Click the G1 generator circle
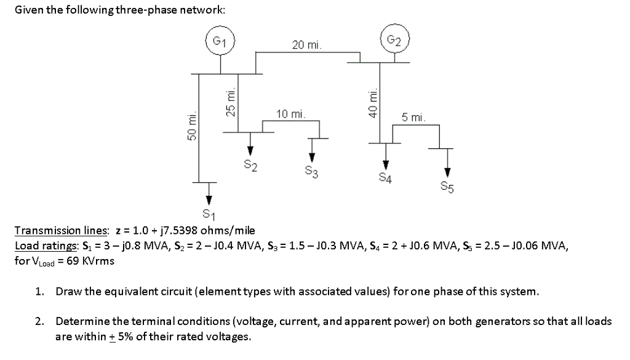pos(219,41)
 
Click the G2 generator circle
pos(395,40)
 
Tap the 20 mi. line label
pos(306,45)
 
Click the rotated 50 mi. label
pos(192,127)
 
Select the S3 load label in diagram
pos(311,172)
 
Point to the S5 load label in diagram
pos(447,186)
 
